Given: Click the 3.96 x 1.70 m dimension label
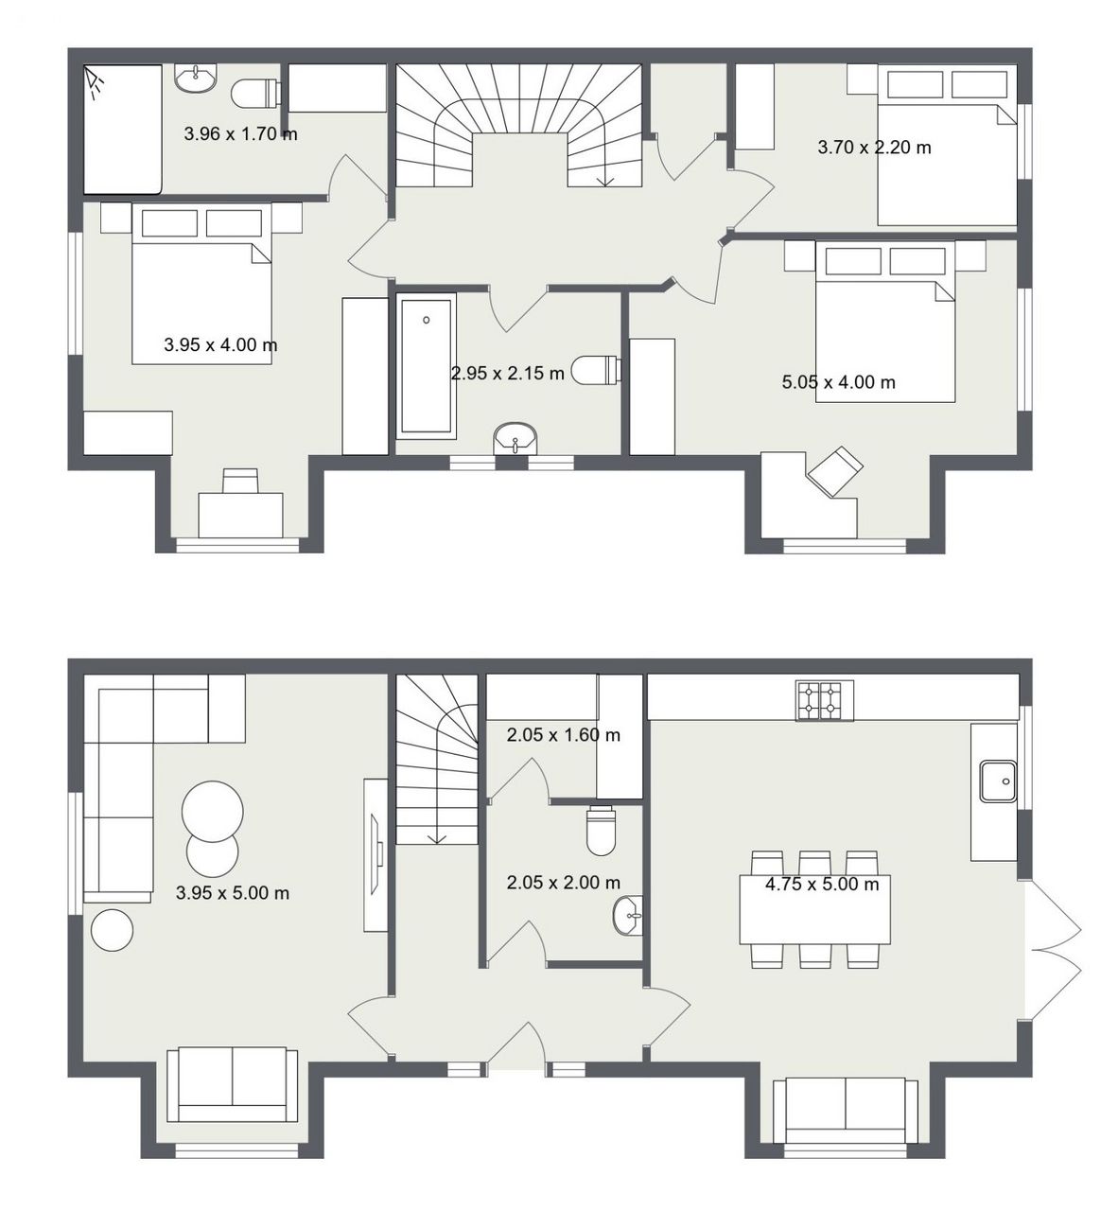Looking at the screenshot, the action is coord(240,133).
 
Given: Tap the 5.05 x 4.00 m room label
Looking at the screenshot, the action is coord(838,382).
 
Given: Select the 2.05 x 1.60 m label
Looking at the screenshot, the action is coord(563,735).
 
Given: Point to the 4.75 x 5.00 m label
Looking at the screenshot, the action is coord(822,884).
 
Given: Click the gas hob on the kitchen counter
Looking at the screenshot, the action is coord(824,701).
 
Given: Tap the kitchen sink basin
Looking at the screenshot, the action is coord(998,781).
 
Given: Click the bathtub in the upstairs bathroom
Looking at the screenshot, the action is coord(426,365).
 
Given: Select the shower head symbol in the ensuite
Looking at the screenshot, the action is coord(94,83).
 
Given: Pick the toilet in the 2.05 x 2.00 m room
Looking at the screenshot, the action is coord(600,830).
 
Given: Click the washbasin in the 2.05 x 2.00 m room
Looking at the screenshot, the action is coord(628,915).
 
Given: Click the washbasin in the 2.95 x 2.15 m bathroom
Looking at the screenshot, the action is coord(515,438).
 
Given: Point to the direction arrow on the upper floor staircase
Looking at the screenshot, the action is coord(605,176).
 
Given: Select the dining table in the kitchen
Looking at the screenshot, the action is coord(814,909).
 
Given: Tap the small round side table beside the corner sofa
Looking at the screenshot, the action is coord(112,930).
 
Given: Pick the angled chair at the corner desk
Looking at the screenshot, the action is coord(834,471).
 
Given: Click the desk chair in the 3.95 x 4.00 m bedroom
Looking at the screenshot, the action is coord(240,480).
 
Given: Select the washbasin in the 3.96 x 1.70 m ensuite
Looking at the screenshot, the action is coord(195,78).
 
